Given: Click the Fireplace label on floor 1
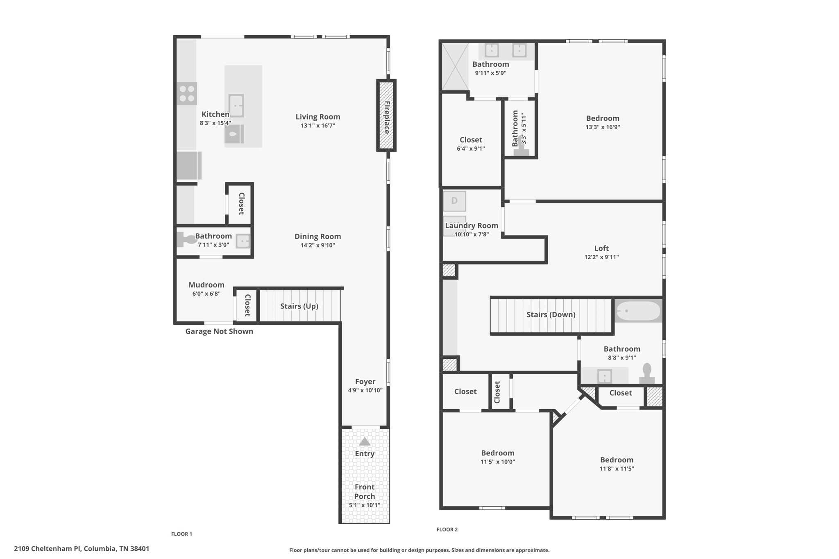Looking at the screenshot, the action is pos(387,118).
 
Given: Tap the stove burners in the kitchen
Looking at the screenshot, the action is pos(187,93).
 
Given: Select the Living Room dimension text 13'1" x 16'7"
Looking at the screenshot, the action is pos(318,126).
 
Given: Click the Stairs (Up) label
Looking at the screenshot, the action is pos(299,306).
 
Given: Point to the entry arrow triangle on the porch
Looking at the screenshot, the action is pos(365,441).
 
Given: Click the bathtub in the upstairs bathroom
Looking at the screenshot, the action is pos(638,311).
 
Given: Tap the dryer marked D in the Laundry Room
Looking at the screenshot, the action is pos(454,201).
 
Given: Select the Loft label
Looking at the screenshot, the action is pos(601,248).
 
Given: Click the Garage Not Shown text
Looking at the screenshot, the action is pos(219,331).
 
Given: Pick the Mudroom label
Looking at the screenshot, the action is pos(206,285).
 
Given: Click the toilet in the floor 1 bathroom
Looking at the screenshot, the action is pos(187,240).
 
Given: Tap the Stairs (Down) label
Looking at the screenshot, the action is pos(551,315).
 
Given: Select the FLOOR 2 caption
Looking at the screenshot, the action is pos(447,530).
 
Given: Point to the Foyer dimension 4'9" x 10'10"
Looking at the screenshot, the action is pos(365,390).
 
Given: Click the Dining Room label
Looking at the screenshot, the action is pos(318,237).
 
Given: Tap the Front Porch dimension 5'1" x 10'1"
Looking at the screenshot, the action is pos(365,505).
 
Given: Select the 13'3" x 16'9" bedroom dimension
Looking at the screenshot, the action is pos(603,127).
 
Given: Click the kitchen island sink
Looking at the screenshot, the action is pos(236,106).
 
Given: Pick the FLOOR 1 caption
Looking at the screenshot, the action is pos(181,534).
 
